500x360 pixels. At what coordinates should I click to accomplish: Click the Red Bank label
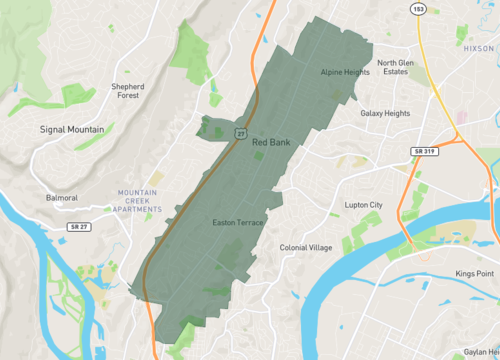tap(271, 143)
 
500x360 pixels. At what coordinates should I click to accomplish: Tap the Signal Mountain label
tap(78, 130)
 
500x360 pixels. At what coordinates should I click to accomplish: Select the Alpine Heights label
tap(345, 72)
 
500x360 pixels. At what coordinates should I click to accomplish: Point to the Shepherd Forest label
tap(135, 92)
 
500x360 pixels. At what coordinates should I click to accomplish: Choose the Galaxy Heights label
tap(385, 113)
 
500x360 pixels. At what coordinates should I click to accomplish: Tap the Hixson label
tap(480, 46)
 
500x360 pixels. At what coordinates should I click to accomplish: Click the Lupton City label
tap(363, 205)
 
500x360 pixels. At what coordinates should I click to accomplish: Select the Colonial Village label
tap(305, 247)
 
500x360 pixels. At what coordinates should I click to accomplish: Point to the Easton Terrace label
tap(238, 222)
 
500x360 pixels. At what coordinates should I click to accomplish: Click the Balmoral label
tap(62, 198)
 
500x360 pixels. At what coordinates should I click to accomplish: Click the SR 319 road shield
tap(424, 150)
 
